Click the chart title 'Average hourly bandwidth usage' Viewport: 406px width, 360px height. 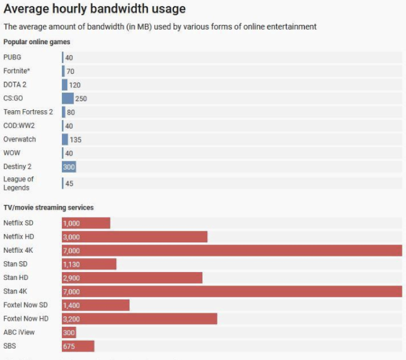point(95,9)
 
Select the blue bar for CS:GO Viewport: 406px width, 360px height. point(68,98)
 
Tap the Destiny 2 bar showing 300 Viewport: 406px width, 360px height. point(69,167)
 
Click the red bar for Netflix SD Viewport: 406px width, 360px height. point(86,223)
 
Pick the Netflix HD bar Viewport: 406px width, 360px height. point(134,237)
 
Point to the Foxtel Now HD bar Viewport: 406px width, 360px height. point(139,319)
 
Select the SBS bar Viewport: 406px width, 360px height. point(78,346)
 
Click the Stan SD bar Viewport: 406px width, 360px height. point(89,264)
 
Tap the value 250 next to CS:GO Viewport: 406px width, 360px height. point(81,98)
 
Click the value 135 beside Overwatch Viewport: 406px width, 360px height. point(75,139)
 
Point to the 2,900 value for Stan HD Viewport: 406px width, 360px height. point(71,278)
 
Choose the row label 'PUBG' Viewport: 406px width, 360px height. point(12,57)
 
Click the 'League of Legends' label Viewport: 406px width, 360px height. point(19,183)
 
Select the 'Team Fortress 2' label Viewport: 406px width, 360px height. point(28,112)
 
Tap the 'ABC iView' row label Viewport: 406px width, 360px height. point(19,332)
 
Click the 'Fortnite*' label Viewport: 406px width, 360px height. point(16,71)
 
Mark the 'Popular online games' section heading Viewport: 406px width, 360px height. point(37,42)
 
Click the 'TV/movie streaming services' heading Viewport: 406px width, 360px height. point(48,208)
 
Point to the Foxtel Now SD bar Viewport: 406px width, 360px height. point(95,305)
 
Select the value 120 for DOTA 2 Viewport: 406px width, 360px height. point(74,85)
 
